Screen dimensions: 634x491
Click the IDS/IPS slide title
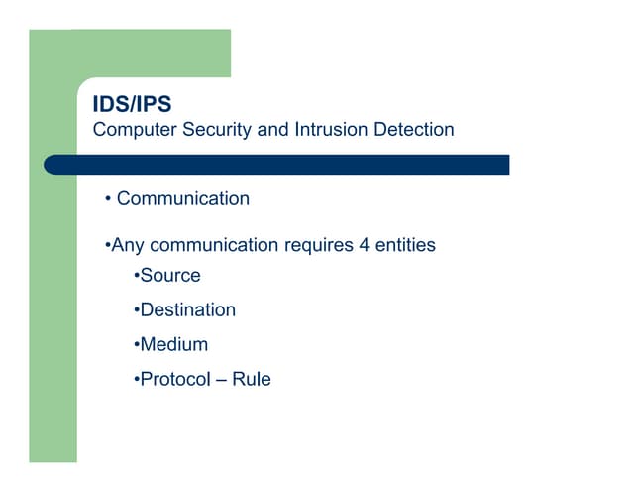pyautogui.click(x=132, y=104)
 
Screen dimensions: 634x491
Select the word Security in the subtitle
pyautogui.click(x=217, y=130)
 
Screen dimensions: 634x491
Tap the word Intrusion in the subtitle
pyautogui.click(x=332, y=130)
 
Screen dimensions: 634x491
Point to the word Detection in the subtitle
pyautogui.click(x=414, y=130)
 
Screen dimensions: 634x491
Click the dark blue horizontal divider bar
pyautogui.click(x=276, y=165)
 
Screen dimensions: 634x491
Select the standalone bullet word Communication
pyautogui.click(x=183, y=198)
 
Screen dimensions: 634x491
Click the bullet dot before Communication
pyautogui.click(x=108, y=198)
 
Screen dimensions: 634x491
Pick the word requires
pyautogui.click(x=319, y=246)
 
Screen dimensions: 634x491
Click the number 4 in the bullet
pyautogui.click(x=364, y=245)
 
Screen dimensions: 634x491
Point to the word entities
pyautogui.click(x=405, y=245)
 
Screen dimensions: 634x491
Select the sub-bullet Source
pyautogui.click(x=170, y=276)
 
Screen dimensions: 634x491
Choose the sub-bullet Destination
pyautogui.click(x=188, y=310)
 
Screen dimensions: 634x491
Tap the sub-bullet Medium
pyautogui.click(x=174, y=344)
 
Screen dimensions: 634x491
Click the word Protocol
pyautogui.click(x=175, y=379)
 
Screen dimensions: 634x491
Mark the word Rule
pyautogui.click(x=252, y=379)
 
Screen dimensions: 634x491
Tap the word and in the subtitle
pyautogui.click(x=273, y=130)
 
